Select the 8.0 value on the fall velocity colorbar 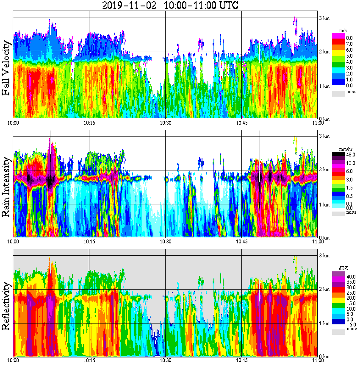coord(350,38)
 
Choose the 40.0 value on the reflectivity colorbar coord(351,276)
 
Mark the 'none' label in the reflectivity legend coord(352,329)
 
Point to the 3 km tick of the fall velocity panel coord(324,17)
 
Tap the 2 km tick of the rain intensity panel coord(324,170)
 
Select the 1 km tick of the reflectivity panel coord(324,323)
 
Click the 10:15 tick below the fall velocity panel coord(89,123)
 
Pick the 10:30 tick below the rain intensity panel coord(165,242)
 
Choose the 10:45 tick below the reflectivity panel coord(241,361)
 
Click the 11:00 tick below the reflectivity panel coord(318,361)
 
